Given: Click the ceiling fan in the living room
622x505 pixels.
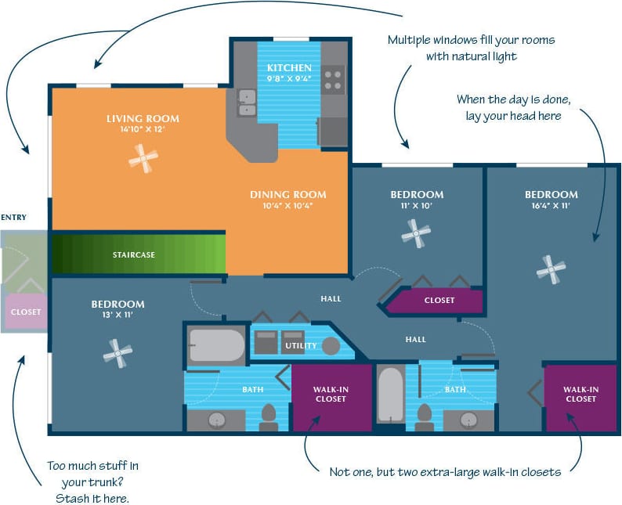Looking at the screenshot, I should [143, 160].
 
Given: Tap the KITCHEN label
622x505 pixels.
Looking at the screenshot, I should [288, 68].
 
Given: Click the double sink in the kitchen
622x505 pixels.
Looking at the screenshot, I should [247, 103].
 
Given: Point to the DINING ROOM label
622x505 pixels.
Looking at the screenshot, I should [287, 194].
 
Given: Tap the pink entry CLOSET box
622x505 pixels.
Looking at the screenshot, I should [25, 312].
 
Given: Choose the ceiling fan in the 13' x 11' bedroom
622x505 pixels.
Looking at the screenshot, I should [118, 353].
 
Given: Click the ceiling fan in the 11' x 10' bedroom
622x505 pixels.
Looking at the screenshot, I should [416, 232].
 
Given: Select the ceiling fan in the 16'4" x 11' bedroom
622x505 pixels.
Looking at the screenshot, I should [551, 269].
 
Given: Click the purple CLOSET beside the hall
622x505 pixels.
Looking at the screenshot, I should [439, 300].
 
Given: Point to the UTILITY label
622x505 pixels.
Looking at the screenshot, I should [301, 345].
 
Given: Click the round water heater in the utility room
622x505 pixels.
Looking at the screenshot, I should [331, 345].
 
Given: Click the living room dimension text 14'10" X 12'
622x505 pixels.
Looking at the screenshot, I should [143, 131].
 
